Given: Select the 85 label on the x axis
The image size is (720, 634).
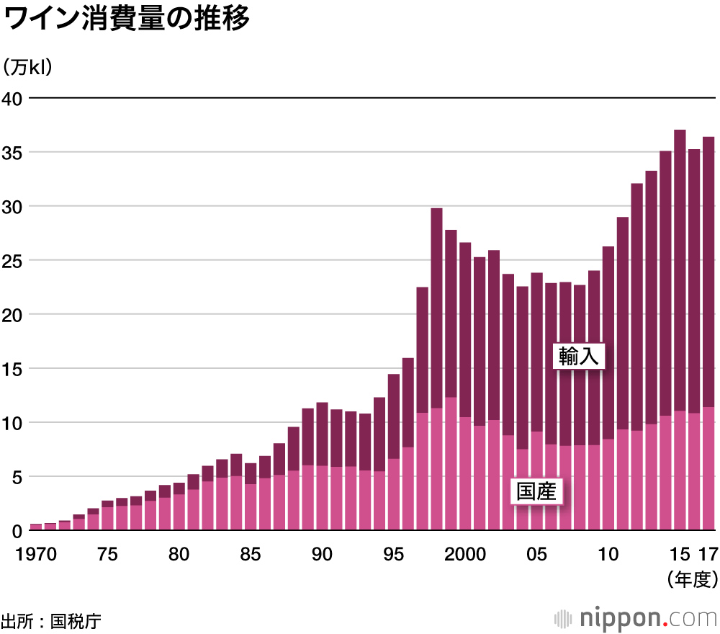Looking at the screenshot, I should point(251,554).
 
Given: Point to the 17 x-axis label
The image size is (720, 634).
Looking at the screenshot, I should point(708,554).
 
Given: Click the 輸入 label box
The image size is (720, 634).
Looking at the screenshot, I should point(579,356).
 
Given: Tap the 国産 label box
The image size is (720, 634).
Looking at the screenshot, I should point(536,492).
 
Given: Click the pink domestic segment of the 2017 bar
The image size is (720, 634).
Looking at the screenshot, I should point(708,468).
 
